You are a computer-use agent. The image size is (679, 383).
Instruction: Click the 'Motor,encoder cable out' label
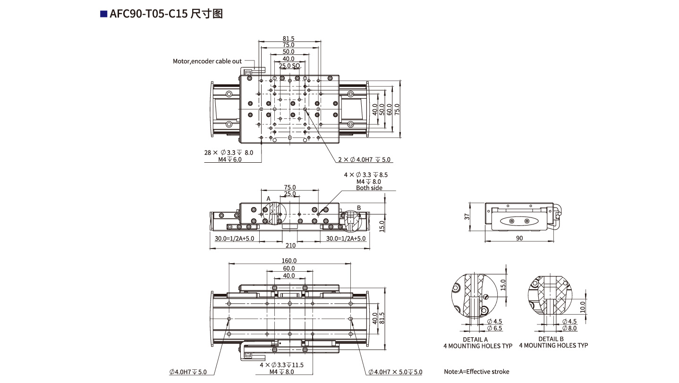pos(207,61)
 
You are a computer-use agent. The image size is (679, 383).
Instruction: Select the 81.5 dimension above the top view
pos(289,39)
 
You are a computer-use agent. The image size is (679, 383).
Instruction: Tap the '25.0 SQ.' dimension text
pos(289,66)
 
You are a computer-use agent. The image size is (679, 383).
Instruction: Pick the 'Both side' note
pos(369,188)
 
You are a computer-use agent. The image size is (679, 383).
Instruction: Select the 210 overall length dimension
pos(290,245)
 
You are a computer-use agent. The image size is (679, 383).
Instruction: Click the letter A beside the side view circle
pos(268,199)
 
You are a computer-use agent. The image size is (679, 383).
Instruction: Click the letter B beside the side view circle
pos(359,208)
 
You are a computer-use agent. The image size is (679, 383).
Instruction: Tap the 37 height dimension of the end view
pos(467,217)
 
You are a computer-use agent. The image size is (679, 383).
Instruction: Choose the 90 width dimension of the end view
pos(519,238)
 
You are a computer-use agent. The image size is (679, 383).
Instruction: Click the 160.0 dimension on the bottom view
pos(289,260)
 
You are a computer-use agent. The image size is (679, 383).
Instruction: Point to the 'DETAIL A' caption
pos(475,339)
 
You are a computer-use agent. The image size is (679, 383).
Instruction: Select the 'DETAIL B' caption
pos(551,339)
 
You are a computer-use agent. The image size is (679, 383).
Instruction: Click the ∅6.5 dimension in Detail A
pos(494,328)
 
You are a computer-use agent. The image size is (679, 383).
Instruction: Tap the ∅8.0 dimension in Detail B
pos(569,328)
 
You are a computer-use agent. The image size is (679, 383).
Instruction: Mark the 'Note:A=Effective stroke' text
pos(476,372)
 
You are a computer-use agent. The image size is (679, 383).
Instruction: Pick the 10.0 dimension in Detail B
pos(583,307)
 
